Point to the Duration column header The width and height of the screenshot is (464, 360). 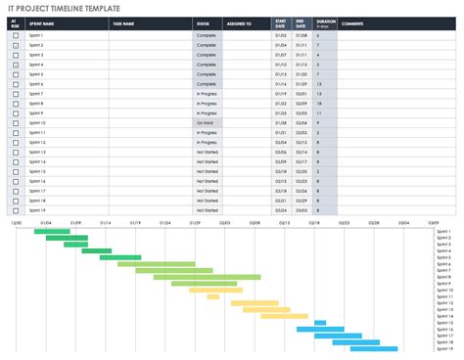(x=326, y=22)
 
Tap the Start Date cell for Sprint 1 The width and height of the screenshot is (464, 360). (x=280, y=35)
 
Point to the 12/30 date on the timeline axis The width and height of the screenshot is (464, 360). (x=16, y=223)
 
